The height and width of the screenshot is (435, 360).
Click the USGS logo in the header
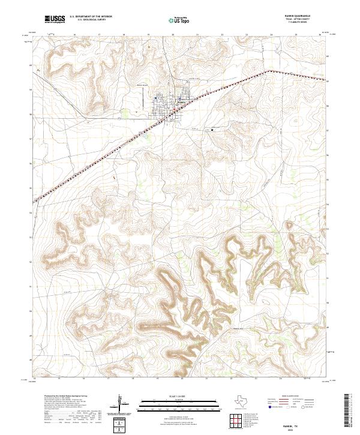click(x=55, y=20)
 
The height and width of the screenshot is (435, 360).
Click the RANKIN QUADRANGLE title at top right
click(x=303, y=17)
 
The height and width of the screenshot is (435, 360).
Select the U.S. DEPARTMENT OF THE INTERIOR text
click(x=91, y=17)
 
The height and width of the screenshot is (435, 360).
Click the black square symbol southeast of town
click(x=212, y=129)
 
